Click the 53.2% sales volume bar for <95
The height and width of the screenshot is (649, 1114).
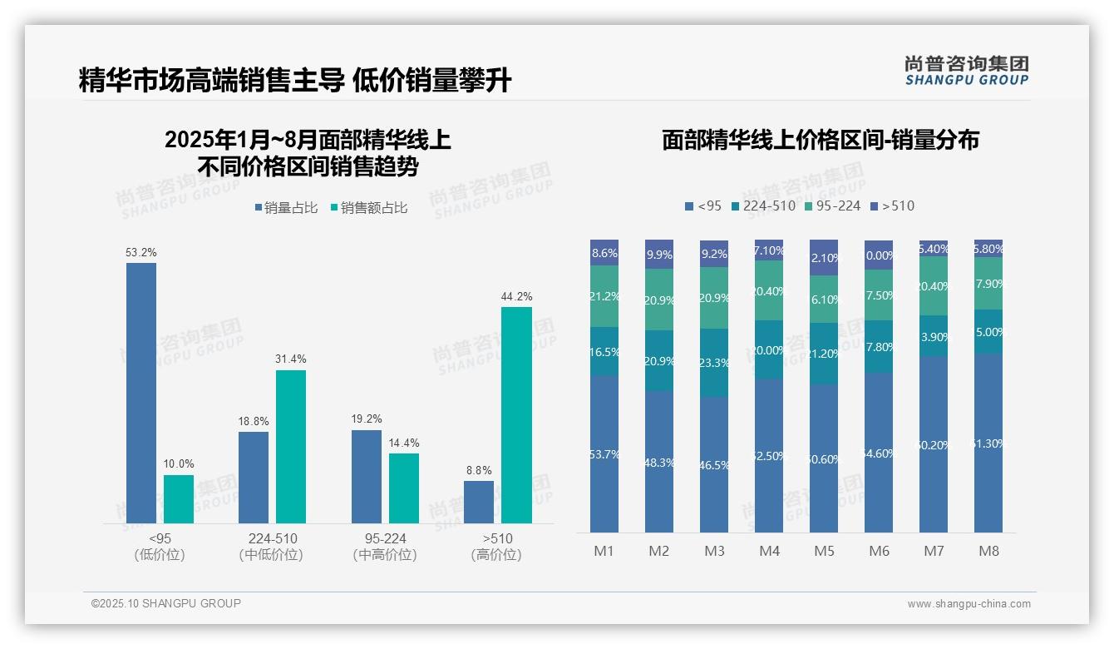click(140, 393)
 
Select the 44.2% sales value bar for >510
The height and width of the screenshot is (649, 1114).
click(516, 415)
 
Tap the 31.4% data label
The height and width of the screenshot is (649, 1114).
click(290, 359)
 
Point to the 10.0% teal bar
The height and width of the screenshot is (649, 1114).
click(178, 499)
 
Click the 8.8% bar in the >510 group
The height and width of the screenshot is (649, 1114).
click(478, 502)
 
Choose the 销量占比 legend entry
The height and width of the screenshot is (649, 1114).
click(286, 208)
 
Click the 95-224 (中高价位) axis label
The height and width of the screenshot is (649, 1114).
click(384, 547)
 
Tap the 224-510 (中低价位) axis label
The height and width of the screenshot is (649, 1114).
click(272, 547)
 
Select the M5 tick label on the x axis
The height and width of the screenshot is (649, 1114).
click(824, 551)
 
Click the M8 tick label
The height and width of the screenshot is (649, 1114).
click(988, 551)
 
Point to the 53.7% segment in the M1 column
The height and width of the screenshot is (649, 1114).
click(604, 453)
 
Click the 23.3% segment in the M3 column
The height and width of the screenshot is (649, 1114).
click(714, 363)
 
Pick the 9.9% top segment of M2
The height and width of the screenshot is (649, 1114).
click(659, 255)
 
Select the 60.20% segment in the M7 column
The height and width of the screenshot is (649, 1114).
click(934, 444)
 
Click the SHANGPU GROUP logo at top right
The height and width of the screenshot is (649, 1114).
click(966, 71)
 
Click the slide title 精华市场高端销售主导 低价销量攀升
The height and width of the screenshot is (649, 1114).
click(295, 81)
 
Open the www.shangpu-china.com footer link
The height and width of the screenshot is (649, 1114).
click(969, 604)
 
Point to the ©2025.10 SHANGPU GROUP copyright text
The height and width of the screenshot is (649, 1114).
click(166, 603)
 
